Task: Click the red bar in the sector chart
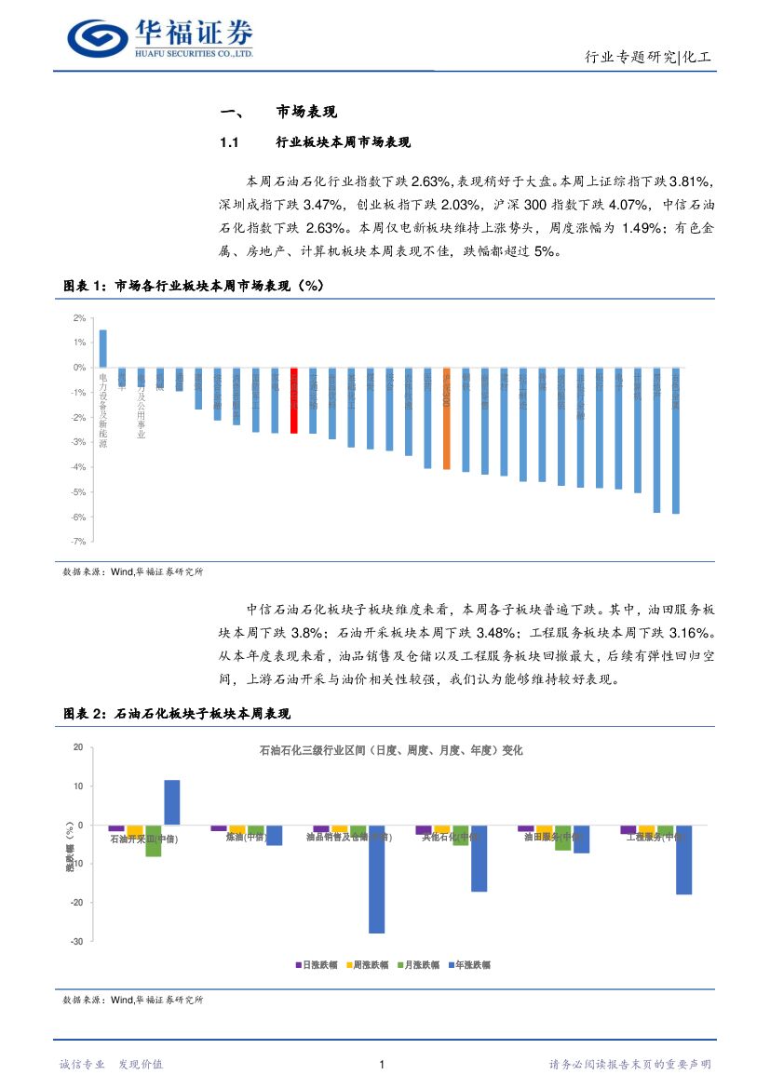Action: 293,400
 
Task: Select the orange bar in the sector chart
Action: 446,418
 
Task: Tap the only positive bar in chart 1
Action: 102,349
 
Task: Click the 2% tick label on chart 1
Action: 79,318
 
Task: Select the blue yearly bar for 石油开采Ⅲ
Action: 172,802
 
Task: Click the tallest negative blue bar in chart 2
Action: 377,879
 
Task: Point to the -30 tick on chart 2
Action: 76,942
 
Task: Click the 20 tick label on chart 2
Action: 78,747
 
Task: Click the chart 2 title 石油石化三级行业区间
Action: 390,750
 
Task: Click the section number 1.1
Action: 230,142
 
